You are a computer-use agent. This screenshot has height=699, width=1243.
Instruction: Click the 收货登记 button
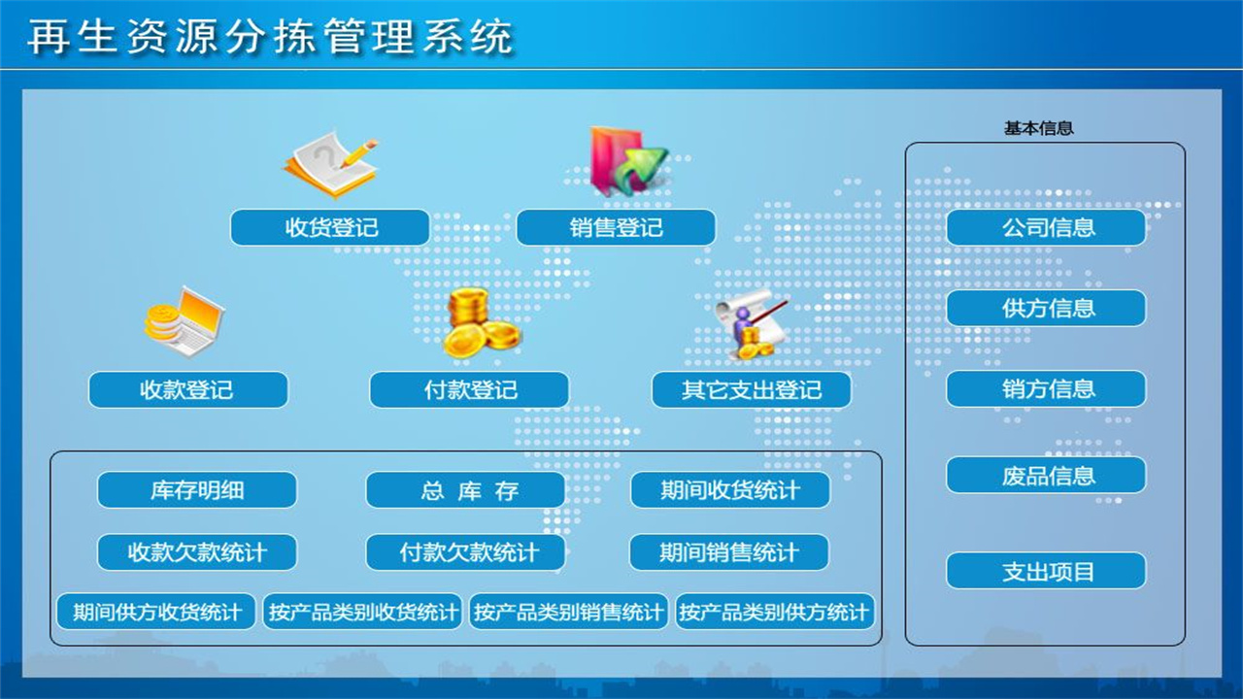point(330,228)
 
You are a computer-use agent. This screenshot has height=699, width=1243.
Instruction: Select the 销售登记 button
point(616,228)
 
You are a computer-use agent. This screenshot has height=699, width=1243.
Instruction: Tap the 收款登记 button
point(188,390)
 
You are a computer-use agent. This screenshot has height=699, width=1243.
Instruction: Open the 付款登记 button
point(469,390)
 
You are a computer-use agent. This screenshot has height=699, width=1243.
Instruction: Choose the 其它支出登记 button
point(752,390)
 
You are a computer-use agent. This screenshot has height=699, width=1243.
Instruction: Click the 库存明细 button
point(197,490)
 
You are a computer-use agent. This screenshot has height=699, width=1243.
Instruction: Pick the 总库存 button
point(465,490)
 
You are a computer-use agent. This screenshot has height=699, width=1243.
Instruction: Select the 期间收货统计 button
point(730,490)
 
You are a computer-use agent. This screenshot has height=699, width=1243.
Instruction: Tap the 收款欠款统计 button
point(197,552)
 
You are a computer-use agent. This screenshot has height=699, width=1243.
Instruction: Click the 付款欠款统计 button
point(465,552)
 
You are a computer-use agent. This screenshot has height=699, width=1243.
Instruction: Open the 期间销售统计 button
point(729,552)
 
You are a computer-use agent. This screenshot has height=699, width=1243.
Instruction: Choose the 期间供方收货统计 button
point(156,612)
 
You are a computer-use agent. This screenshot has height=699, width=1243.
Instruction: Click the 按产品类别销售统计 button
point(569,612)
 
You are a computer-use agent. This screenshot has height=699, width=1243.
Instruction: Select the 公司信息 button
point(1047,228)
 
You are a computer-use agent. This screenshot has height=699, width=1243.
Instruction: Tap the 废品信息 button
point(1047,476)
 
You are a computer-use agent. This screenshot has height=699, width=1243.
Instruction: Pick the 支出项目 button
point(1047,571)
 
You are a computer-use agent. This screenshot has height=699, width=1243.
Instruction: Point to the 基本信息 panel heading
point(1038,128)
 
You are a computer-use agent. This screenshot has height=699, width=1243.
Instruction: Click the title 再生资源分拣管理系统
point(270,37)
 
